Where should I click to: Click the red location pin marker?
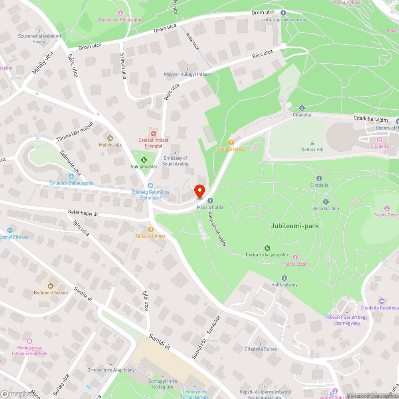point(199,191)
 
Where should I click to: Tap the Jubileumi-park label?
point(294,226)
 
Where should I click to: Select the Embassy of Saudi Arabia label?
point(176,161)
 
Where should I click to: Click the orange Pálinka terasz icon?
point(231,142)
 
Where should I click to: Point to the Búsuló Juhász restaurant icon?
point(151,229)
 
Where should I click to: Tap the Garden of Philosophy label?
point(120,20)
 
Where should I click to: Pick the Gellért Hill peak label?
point(312,149)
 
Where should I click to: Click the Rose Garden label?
point(326,208)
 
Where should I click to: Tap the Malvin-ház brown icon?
point(110,138)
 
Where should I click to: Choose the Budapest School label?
point(51,292)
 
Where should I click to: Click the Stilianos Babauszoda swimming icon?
point(71,176)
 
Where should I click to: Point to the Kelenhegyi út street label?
point(83,213)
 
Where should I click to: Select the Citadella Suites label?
point(261,349)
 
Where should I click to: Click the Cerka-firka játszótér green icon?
point(267,248)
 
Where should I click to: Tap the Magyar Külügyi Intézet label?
point(188,74)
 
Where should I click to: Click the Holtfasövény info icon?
point(284,278)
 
